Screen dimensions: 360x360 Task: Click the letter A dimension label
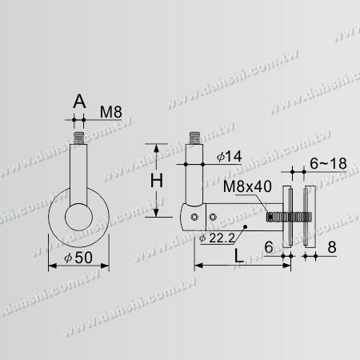(78, 102)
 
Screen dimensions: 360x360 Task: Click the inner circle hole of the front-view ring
(78, 218)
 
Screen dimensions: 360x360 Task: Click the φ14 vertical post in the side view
(194, 172)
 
